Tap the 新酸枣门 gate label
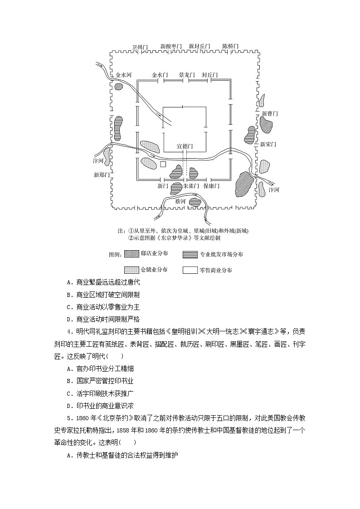pyautogui.click(x=171, y=46)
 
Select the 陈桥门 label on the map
pyautogui.click(x=230, y=46)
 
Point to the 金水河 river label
pyautogui.click(x=123, y=75)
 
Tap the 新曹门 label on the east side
pyautogui.click(x=270, y=113)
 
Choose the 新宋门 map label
pyautogui.click(x=268, y=144)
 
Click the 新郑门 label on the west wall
pyautogui.click(x=102, y=175)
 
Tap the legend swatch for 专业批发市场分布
pyautogui.click(x=190, y=254)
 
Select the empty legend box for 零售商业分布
pyautogui.click(x=190, y=270)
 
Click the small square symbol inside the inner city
pyautogui.click(x=163, y=165)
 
